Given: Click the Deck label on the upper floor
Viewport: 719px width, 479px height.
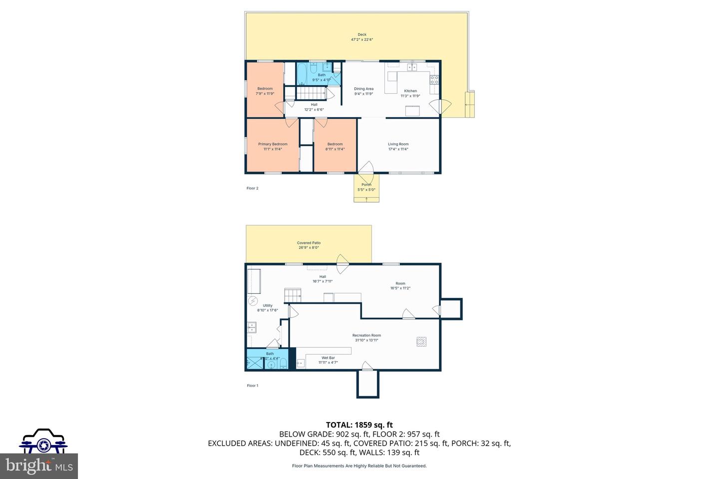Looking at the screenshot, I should pos(362,34).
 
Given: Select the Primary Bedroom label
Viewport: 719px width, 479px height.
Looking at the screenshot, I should pos(273,144).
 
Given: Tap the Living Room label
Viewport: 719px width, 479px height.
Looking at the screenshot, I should pos(398,144).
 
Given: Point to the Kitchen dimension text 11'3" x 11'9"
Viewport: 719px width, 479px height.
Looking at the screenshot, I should pos(410,96).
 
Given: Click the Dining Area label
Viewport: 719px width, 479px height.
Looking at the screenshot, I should pos(363,89).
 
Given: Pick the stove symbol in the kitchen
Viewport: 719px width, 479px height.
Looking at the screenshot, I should pos(434,78).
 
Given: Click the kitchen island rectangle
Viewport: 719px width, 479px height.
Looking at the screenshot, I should pos(412,111).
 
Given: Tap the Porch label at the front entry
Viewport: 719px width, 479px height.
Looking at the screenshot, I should pos(366,185).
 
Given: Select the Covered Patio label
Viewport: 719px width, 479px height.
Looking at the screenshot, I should pos(309,243).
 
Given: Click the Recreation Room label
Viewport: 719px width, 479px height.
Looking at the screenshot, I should pos(366,335).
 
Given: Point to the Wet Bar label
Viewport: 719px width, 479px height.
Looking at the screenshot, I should pos(328,358).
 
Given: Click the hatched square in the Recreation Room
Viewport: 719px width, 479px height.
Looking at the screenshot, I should pos(422,342).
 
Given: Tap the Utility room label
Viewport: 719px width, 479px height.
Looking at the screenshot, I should pos(268,305).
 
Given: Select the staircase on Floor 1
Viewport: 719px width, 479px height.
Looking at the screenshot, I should pos(293,295).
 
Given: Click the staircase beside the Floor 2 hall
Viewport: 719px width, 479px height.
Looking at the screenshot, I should pos(311,93).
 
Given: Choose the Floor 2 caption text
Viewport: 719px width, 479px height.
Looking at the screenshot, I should pos(252,188).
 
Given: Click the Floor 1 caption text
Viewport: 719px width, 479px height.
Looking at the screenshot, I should pos(252,386).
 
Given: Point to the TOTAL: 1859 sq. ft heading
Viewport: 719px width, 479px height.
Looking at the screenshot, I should pos(359,425).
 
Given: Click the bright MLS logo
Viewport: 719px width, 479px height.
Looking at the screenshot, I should pos(39,466).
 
